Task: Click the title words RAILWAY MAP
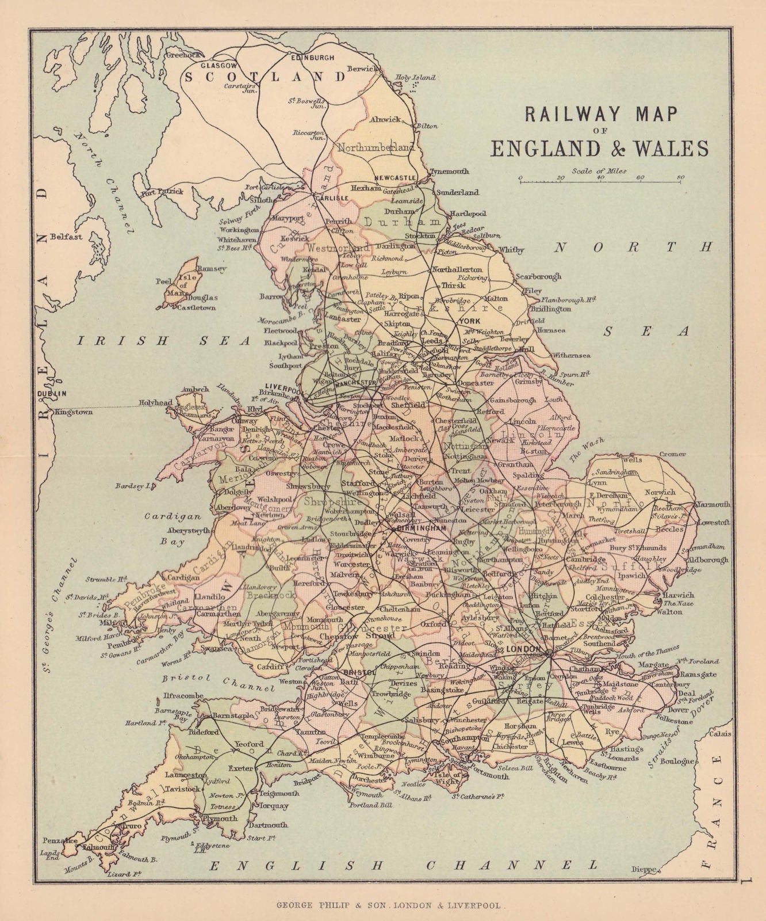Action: [599, 114]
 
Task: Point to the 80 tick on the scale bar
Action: [680, 177]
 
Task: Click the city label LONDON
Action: [523, 649]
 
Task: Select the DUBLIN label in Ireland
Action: [52, 393]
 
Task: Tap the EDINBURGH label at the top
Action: [313, 58]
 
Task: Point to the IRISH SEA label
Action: [164, 341]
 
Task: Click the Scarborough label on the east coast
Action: [538, 276]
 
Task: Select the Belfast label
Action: [66, 236]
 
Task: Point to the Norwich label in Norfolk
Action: [660, 492]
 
